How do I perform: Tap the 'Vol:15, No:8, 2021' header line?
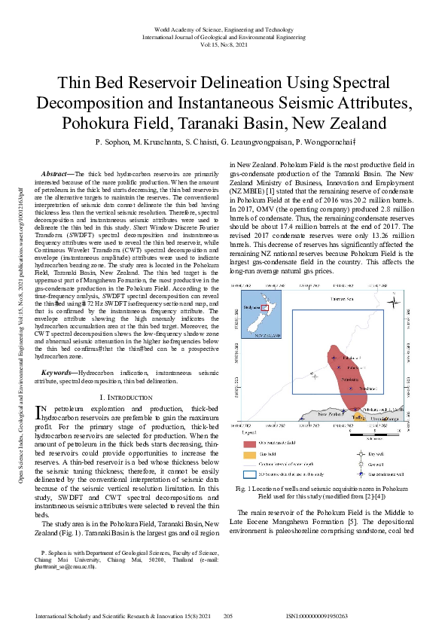224,44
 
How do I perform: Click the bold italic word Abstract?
59,173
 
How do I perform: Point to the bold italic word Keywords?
60,373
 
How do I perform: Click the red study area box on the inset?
264,307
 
